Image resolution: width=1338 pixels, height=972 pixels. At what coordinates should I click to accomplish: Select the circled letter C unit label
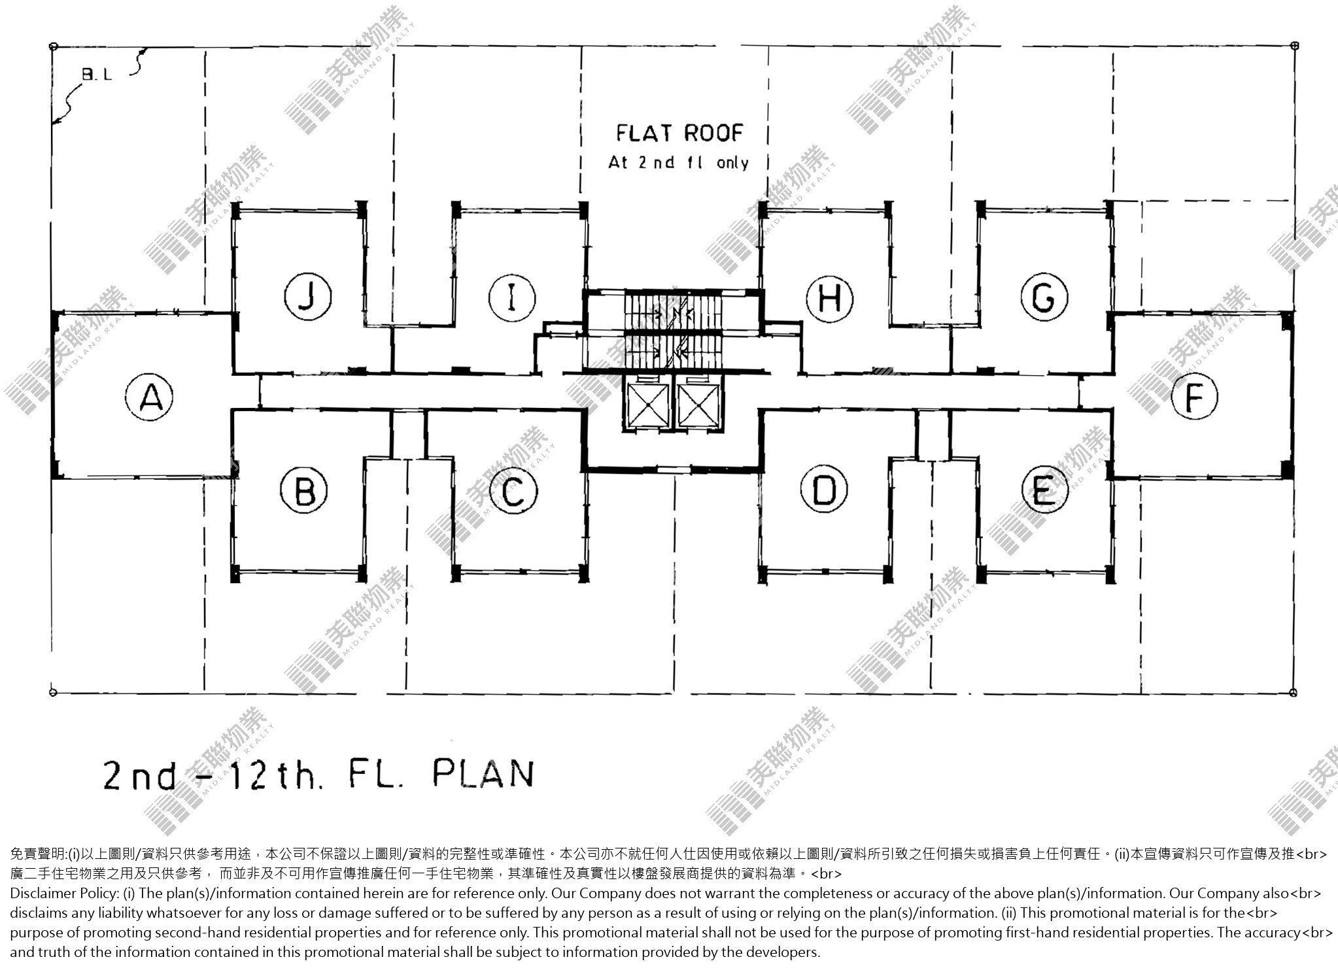[513, 491]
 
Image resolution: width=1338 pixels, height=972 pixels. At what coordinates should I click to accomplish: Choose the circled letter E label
[1044, 490]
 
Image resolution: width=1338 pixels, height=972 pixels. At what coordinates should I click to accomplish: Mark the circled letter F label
[1194, 397]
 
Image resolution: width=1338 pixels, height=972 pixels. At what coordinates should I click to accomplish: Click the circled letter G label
[1044, 299]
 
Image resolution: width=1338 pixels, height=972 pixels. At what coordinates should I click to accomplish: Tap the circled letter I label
[512, 299]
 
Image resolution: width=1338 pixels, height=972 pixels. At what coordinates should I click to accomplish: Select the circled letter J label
[308, 298]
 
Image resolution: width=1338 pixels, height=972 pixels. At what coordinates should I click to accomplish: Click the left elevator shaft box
[647, 404]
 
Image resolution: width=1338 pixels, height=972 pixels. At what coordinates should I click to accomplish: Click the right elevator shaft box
[697, 404]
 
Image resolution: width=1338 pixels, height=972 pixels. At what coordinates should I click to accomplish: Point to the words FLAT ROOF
[680, 133]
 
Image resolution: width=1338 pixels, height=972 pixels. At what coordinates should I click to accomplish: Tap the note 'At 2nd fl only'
[678, 162]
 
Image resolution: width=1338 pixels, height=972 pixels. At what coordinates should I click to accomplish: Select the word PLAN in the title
[483, 773]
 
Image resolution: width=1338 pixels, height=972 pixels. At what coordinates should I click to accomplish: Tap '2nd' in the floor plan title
[140, 775]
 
